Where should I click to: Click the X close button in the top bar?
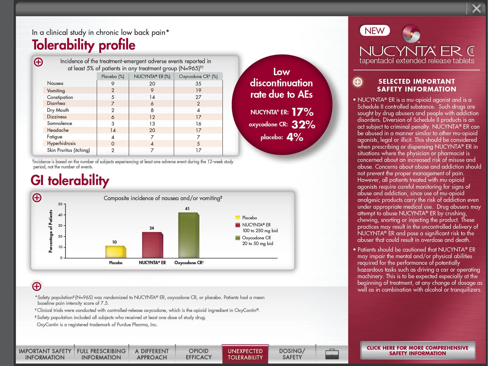click(x=476, y=9)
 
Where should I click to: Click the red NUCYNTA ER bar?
click(x=152, y=245)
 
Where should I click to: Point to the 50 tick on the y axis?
click(x=60, y=204)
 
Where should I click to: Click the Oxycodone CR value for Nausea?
click(x=198, y=83)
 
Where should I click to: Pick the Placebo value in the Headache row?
click(x=113, y=130)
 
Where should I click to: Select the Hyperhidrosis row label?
click(x=61, y=144)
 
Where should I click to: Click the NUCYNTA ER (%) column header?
click(x=152, y=77)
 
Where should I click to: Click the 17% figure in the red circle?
click(x=303, y=112)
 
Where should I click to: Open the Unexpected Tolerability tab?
click(x=245, y=354)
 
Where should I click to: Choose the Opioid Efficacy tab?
click(x=199, y=354)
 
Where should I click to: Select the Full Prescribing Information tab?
click(x=101, y=354)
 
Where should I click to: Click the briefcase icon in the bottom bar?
click(x=332, y=354)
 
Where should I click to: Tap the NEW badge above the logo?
click(x=374, y=31)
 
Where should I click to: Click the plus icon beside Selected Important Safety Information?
click(x=358, y=82)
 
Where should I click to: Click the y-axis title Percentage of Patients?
click(x=51, y=231)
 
